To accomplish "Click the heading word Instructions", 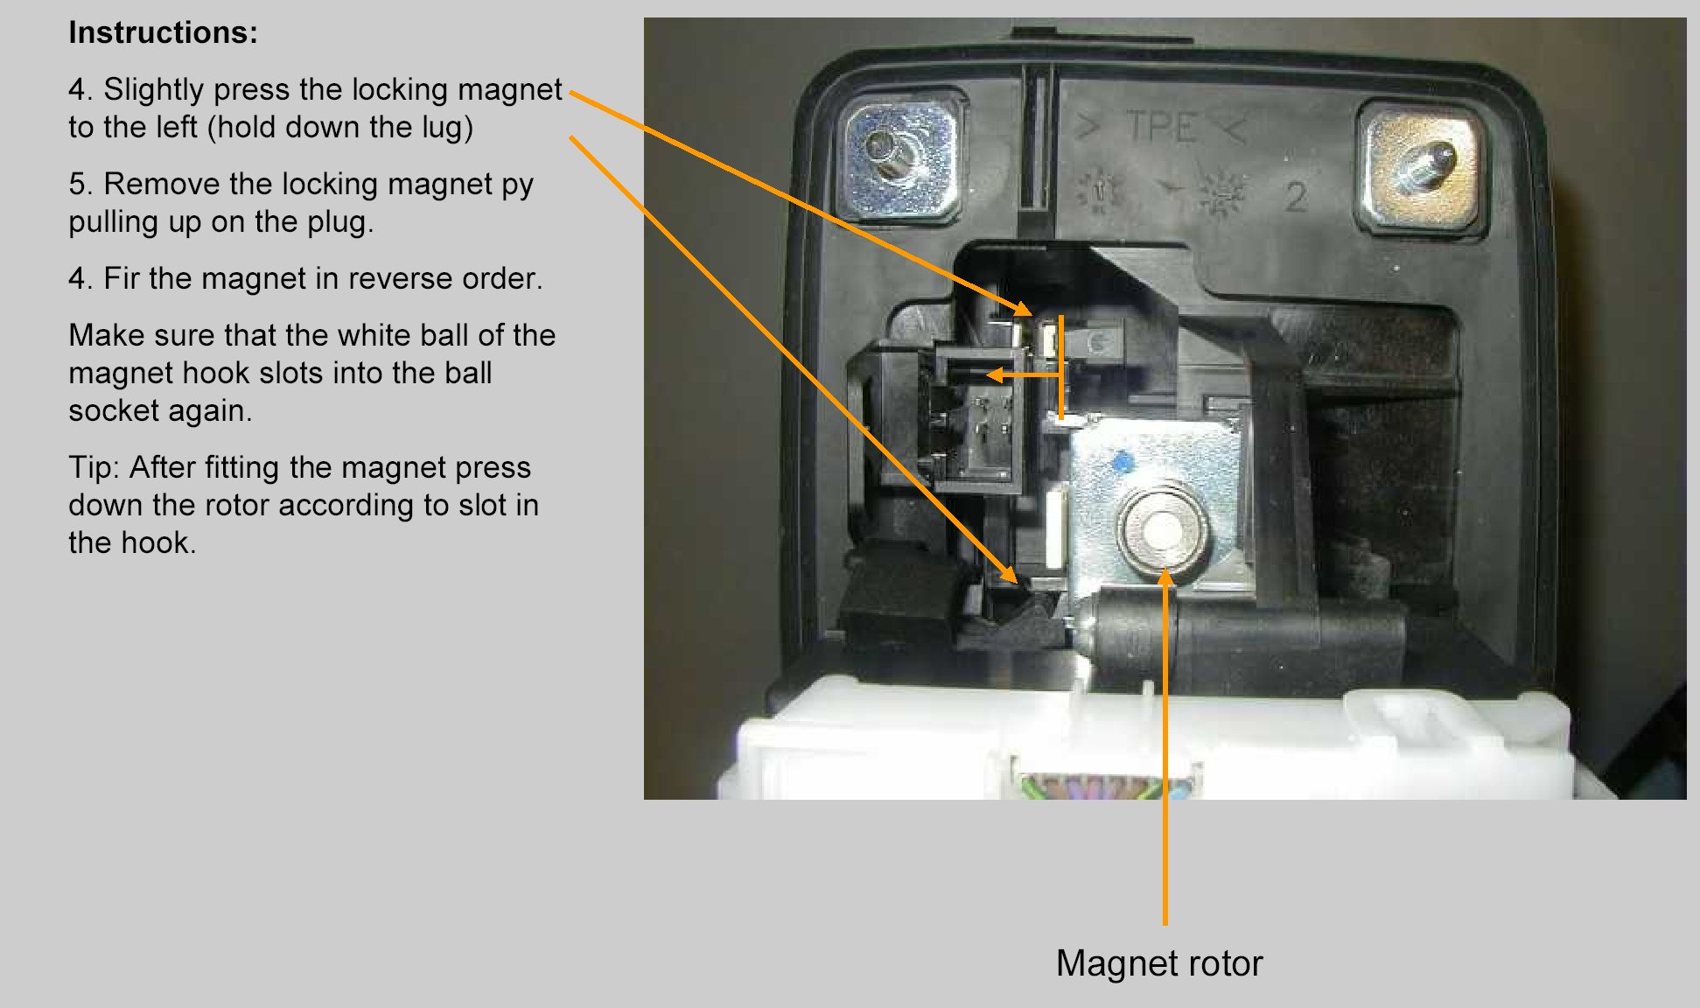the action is (163, 32).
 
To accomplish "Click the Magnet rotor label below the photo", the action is (1158, 963).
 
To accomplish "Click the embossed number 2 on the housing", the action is (1295, 197).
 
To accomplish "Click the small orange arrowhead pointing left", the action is (995, 375).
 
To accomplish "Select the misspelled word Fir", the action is (122, 278).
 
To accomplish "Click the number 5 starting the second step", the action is (79, 184).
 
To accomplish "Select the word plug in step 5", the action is (337, 222).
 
